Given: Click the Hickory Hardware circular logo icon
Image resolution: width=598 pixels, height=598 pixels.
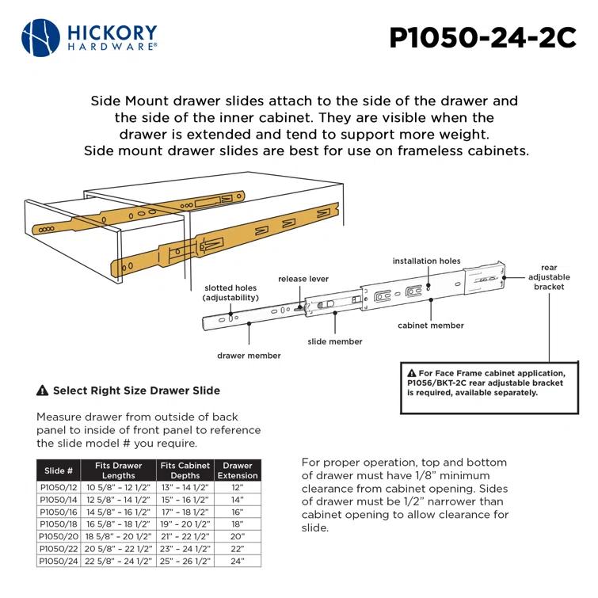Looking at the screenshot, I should tap(40, 38).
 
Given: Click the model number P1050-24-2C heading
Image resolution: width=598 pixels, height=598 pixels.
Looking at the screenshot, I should tap(482, 39).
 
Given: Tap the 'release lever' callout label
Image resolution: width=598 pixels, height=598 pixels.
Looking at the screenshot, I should tap(303, 280).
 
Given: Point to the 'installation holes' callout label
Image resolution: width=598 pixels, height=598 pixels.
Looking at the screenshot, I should tap(426, 261).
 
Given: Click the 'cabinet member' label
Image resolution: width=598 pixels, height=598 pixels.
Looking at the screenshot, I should tap(430, 326).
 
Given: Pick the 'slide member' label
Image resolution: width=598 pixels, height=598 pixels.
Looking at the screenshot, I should tap(335, 341).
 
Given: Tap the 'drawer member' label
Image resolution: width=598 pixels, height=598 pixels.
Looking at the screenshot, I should tap(249, 356).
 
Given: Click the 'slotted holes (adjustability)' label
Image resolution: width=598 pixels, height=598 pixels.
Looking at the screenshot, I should tap(230, 293).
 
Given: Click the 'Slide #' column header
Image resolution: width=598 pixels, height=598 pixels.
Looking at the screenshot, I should tap(59, 470).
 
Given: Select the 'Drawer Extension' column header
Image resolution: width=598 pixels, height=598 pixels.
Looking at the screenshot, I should tap(238, 470).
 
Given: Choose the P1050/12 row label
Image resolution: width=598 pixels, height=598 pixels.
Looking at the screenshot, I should tap(59, 489).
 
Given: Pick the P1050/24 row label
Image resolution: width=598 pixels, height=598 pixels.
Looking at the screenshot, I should tap(59, 561).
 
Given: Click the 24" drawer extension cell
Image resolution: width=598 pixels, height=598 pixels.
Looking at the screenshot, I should tap(238, 561).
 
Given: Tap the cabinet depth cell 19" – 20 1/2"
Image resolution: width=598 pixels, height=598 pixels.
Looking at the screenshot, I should tap(185, 524).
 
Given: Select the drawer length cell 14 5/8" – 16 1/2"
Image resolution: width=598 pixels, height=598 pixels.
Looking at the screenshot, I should tap(118, 512).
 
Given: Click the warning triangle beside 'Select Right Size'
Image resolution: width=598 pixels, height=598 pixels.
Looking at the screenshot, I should tap(43, 390).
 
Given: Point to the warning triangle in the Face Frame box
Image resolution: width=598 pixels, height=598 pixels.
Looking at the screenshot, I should tap(411, 373).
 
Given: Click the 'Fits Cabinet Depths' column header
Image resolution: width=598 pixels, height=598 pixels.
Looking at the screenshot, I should tap(185, 470).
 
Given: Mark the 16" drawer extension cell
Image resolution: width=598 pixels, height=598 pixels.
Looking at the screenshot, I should tap(238, 512).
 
